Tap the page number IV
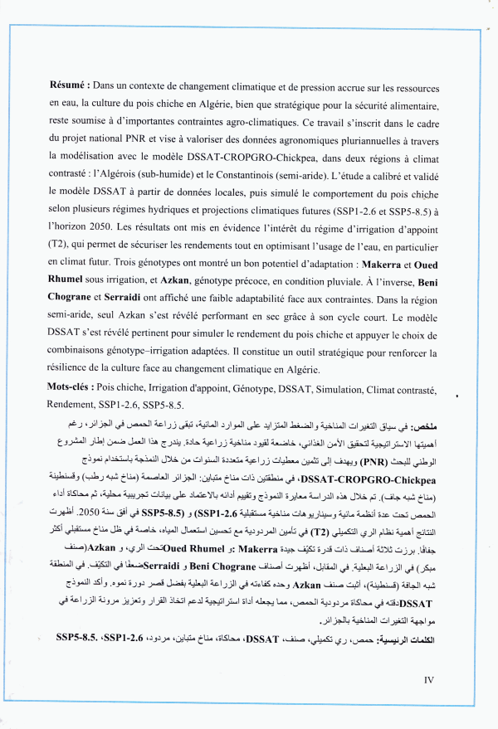429,680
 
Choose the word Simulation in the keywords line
357,389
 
